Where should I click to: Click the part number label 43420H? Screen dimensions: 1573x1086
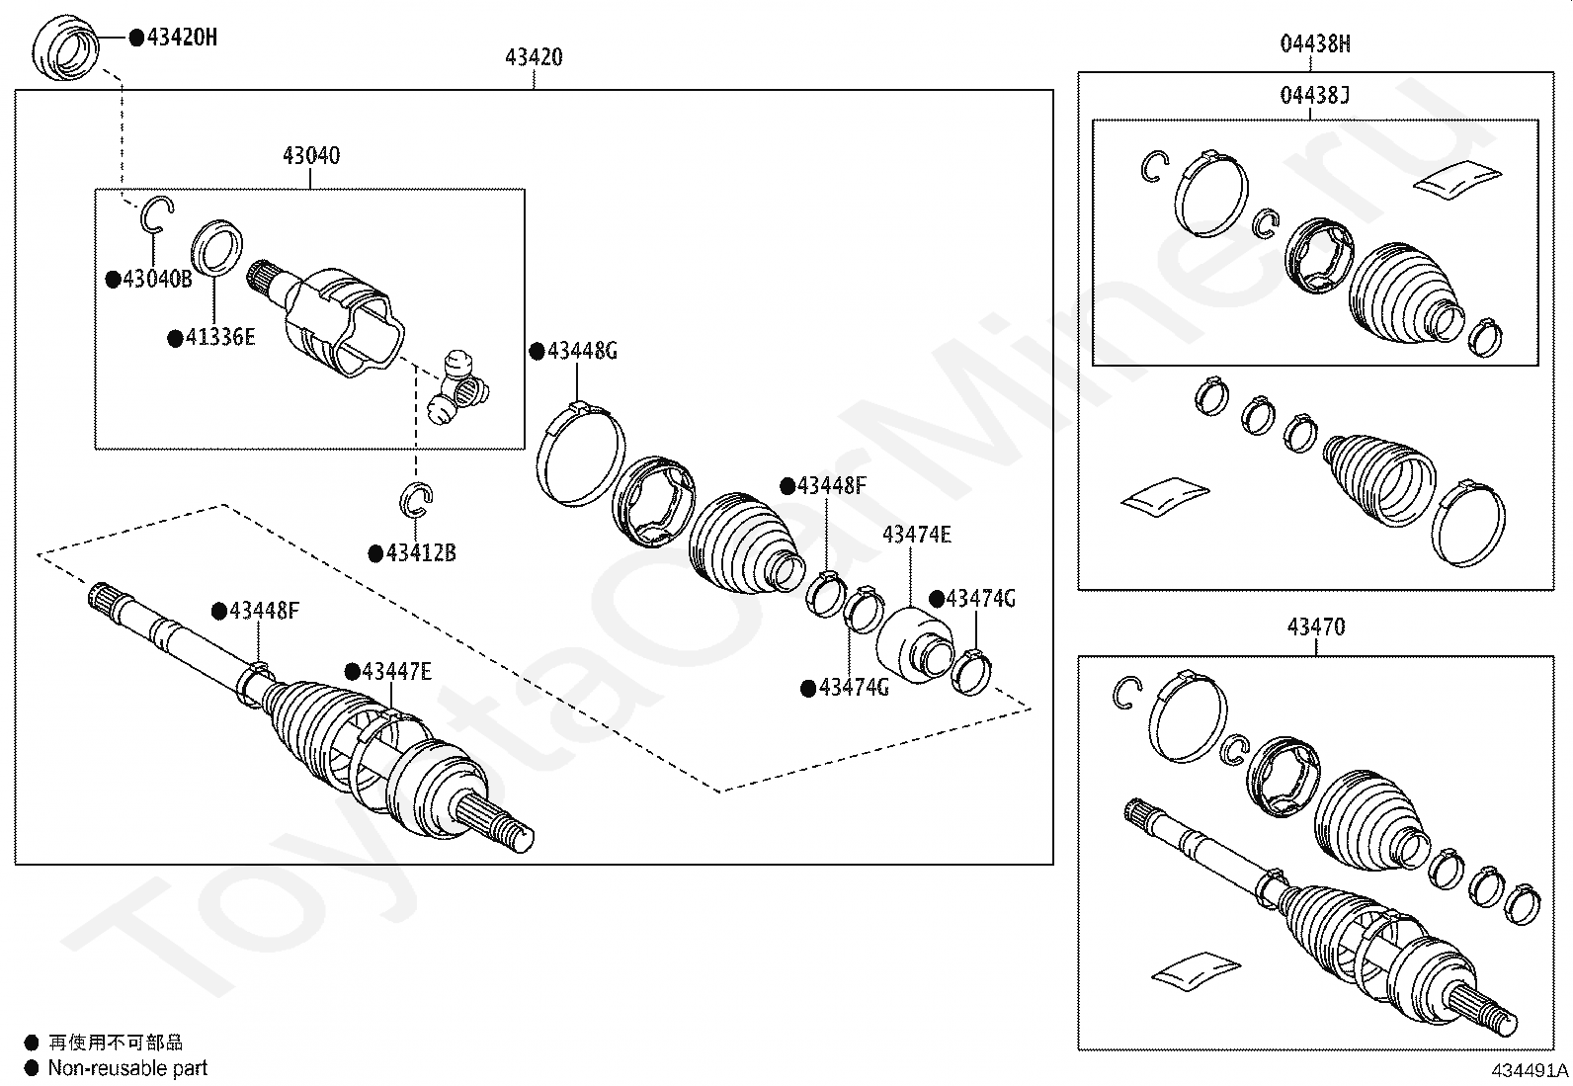182,38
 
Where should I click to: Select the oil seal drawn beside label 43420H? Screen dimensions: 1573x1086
65,47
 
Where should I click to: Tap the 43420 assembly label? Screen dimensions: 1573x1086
534,57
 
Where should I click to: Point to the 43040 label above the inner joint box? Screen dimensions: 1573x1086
311,155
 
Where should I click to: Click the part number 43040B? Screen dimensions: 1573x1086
157,279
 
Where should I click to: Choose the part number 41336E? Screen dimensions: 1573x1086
219,337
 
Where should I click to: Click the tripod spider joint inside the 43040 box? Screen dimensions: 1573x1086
457,388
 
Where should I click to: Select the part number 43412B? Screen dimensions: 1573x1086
421,553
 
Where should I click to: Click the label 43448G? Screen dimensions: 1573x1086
582,351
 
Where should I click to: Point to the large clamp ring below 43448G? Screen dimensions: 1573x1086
580,454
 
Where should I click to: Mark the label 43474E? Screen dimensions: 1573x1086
916,535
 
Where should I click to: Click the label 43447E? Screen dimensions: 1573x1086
397,672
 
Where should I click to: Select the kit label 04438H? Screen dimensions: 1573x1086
1315,43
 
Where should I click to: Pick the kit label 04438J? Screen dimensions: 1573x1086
1314,95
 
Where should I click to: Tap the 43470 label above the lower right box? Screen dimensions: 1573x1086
1316,627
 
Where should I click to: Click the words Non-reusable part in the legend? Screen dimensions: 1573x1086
127,1068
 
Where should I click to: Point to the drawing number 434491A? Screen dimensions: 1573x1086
1531,1070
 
